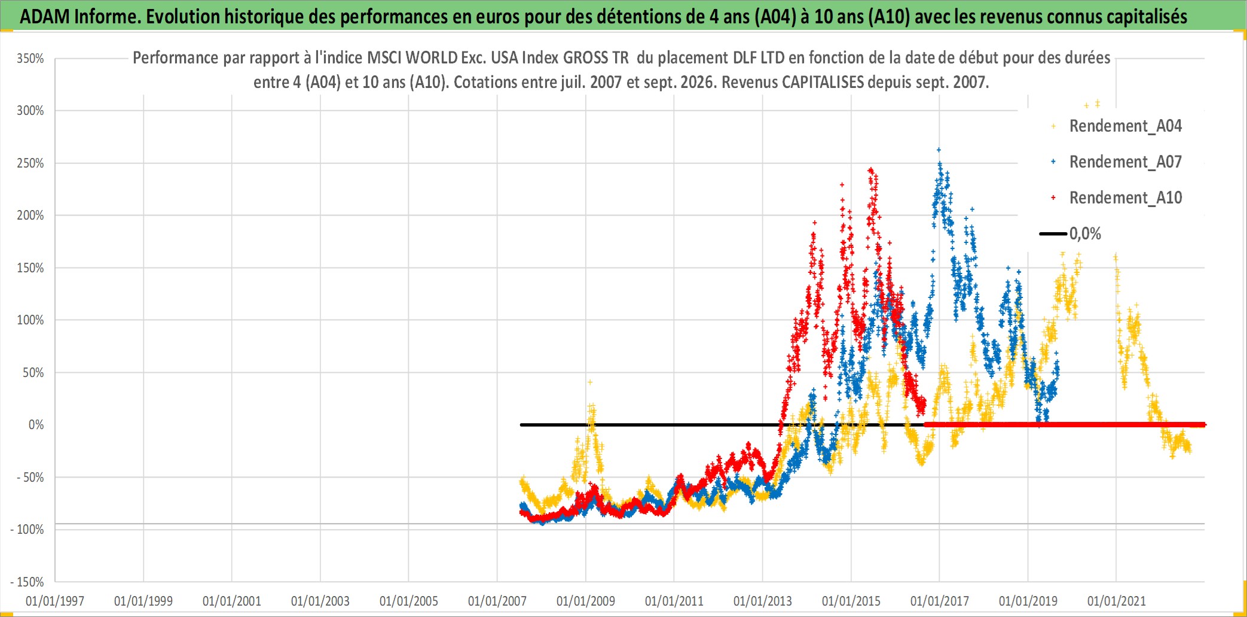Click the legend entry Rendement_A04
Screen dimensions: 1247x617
pos(1125,126)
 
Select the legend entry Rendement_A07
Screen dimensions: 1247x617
pos(1125,162)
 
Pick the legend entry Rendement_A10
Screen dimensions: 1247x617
pos(1125,198)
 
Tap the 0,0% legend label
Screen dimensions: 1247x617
pos(1085,234)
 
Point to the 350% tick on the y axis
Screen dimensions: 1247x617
pos(30,59)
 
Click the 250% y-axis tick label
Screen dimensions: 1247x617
pos(30,163)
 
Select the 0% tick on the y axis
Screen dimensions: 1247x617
pos(36,425)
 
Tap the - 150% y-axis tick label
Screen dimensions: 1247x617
pos(27,582)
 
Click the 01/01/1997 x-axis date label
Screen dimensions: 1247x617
pos(55,601)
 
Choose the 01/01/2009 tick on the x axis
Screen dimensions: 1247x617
pos(586,601)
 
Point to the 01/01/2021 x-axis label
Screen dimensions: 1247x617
pos(1117,601)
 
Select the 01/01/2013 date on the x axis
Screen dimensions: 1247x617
pos(763,601)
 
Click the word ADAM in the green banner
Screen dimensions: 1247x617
pos(45,17)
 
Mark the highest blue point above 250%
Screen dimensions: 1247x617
pos(939,150)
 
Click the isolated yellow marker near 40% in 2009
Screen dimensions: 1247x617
pos(590,382)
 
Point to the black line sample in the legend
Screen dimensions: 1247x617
pos(1053,234)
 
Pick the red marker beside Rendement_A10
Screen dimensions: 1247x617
pos(1053,197)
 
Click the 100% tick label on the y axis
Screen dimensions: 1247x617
pos(30,320)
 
